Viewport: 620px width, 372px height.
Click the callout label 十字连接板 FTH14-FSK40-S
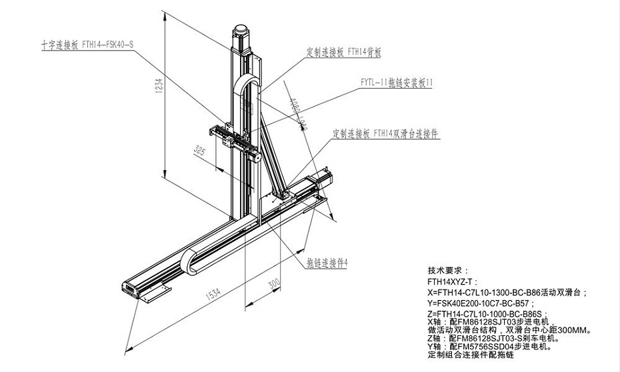tap(87, 45)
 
